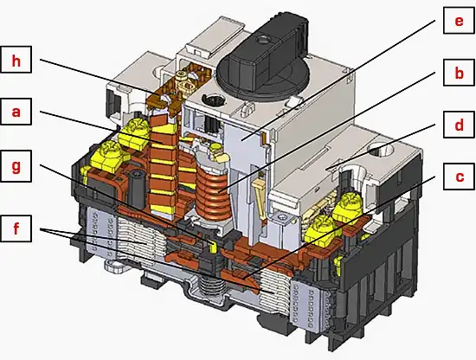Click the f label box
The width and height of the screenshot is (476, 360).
[16, 231]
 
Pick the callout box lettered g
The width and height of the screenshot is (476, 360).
[16, 166]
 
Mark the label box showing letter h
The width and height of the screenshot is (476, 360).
[16, 61]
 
